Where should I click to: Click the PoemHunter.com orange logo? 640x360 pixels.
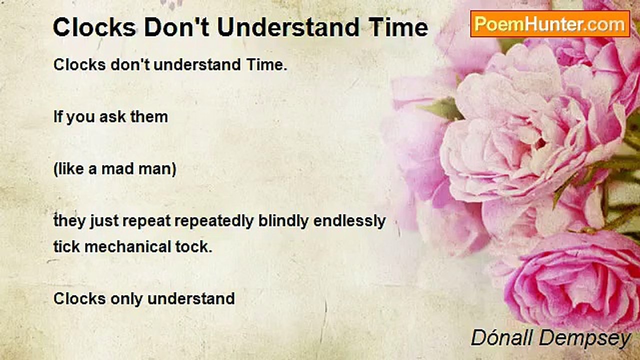point(550,24)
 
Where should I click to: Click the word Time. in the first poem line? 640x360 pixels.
point(266,64)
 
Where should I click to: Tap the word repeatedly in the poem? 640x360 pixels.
point(214,221)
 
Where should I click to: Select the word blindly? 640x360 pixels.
point(283,221)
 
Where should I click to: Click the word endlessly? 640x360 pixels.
point(349,221)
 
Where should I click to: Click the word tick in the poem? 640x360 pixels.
point(66,246)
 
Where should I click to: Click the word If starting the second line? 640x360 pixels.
point(57,117)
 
